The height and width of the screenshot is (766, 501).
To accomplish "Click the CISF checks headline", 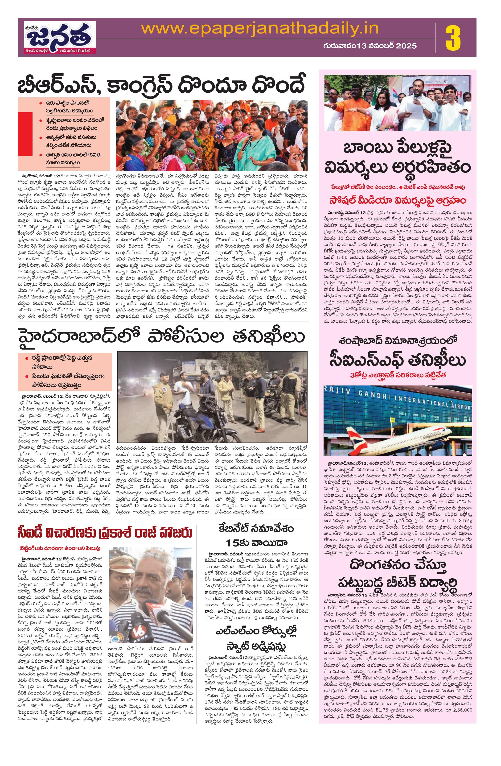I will click(398, 361).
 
